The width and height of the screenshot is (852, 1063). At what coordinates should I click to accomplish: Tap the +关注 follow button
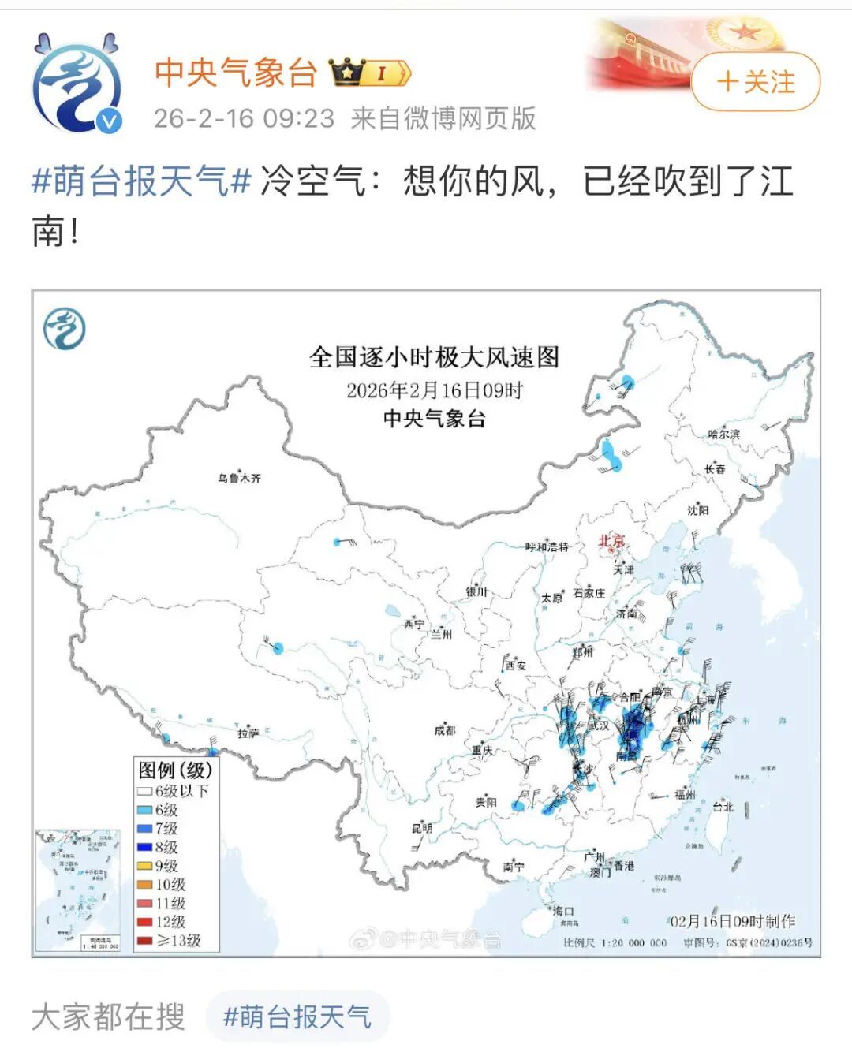pyautogui.click(x=755, y=82)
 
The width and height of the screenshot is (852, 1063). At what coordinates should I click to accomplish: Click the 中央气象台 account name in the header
pyautogui.click(x=235, y=73)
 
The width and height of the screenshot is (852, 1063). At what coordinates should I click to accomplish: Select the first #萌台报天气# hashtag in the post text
pyautogui.click(x=140, y=182)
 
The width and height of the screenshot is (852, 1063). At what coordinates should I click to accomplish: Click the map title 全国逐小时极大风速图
pyautogui.click(x=434, y=357)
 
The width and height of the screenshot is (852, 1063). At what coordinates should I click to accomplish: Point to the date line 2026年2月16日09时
pyautogui.click(x=434, y=390)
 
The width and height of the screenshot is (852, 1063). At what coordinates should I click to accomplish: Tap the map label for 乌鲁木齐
pyautogui.click(x=239, y=478)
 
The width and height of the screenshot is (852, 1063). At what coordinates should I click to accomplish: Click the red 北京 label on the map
pyautogui.click(x=611, y=541)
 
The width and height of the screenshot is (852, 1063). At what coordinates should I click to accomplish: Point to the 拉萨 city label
pyautogui.click(x=248, y=733)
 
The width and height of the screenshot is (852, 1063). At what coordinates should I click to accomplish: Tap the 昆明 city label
pyautogui.click(x=422, y=828)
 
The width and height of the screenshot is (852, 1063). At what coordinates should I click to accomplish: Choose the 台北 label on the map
pyautogui.click(x=723, y=806)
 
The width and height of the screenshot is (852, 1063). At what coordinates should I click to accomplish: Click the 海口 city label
pyautogui.click(x=562, y=911)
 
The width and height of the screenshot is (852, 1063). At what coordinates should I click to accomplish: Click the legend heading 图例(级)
pyautogui.click(x=175, y=770)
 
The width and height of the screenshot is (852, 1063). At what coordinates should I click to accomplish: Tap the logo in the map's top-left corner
pyautogui.click(x=65, y=329)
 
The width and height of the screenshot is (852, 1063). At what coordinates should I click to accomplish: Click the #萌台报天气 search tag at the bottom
pyautogui.click(x=297, y=1017)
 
